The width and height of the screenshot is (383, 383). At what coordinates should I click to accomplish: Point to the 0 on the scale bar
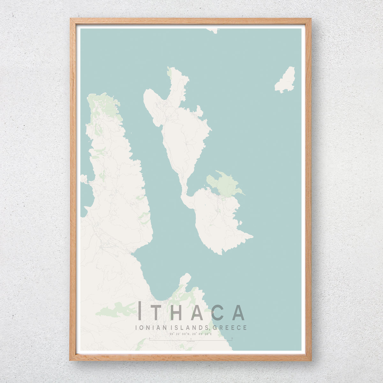point(149,338)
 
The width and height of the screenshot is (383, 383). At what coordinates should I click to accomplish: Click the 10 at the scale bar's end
point(232,338)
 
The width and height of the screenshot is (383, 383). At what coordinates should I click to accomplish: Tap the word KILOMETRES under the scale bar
point(191,342)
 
